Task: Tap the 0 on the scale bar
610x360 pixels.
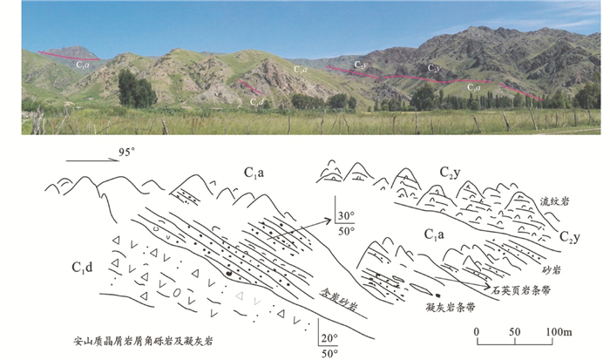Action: click(478, 332)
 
